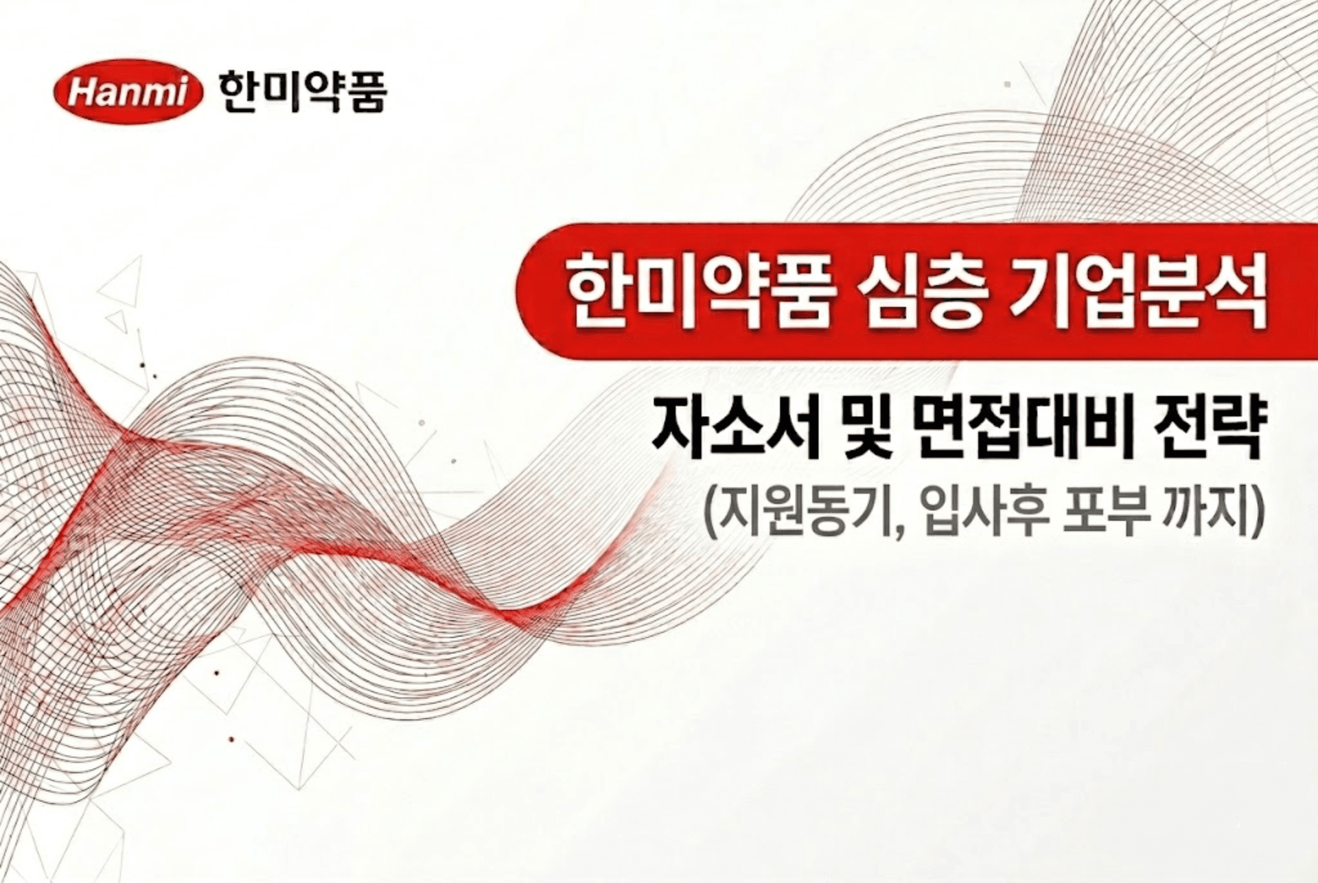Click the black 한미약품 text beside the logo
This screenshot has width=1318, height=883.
pyautogui.click(x=303, y=93)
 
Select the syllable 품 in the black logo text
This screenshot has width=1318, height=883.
pyautogui.click(x=365, y=93)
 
